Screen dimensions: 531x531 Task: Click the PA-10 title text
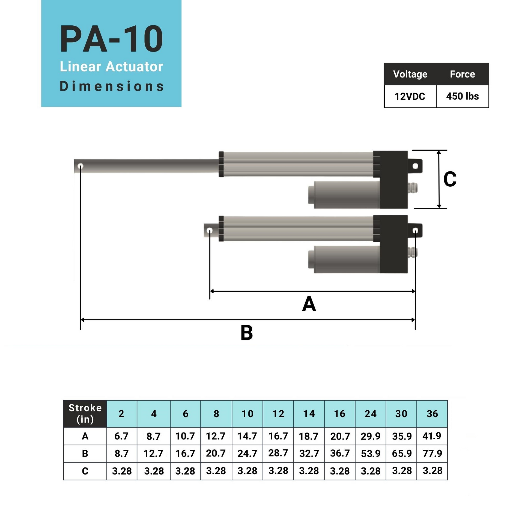point(111,39)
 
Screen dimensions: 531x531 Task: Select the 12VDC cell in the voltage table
point(410,97)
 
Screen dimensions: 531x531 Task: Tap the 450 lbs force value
point(462,97)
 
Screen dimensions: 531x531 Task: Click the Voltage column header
point(410,74)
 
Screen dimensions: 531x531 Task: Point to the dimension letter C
point(450,180)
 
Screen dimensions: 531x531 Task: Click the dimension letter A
point(309,304)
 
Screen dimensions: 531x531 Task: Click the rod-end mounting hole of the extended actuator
point(80,166)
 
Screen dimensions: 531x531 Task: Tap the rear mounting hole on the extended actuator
point(415,166)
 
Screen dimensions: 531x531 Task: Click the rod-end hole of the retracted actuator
point(210,230)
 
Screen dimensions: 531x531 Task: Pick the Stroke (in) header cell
point(85,414)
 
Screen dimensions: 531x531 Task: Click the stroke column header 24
point(370,414)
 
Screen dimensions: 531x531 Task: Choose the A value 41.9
point(432,436)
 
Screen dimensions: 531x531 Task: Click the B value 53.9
point(370,454)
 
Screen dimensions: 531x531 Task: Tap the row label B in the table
point(85,454)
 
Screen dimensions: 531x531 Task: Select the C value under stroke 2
point(122,471)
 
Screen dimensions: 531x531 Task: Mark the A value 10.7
point(185,436)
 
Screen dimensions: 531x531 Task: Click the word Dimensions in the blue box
point(111,86)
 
